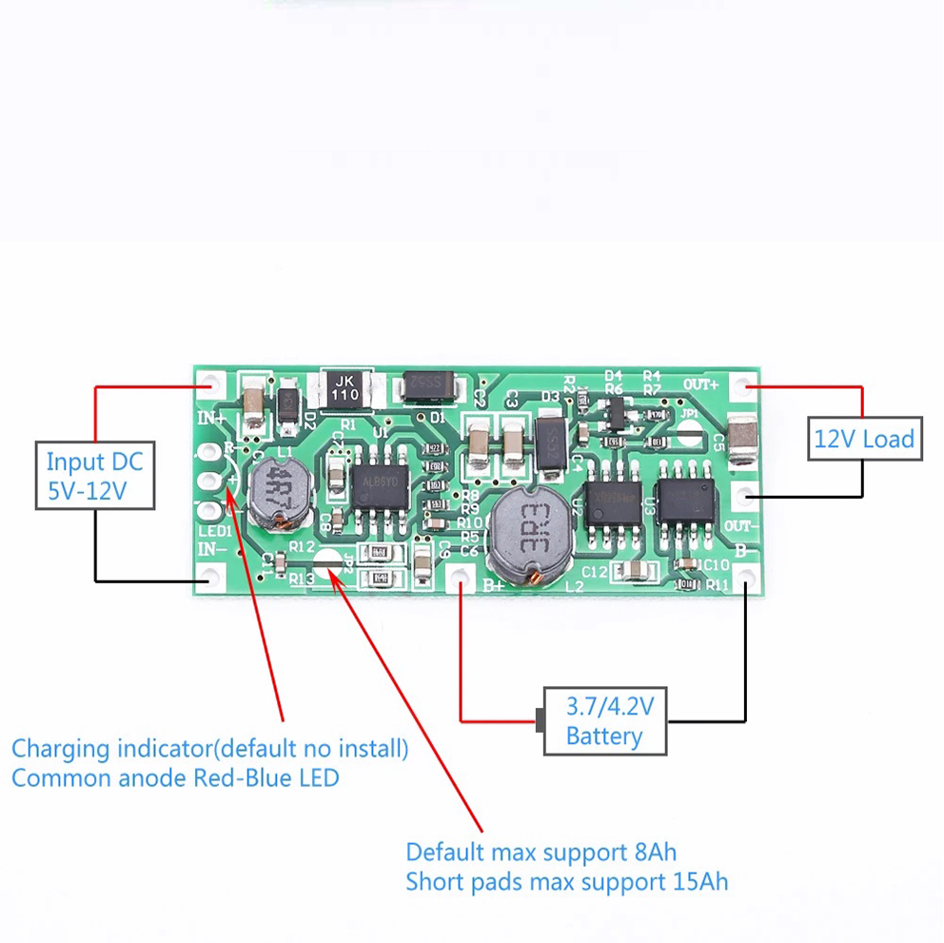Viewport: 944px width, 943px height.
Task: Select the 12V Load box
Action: click(864, 439)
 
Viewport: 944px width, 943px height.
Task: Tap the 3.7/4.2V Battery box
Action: click(605, 720)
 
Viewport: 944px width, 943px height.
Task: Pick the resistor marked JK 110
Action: click(345, 388)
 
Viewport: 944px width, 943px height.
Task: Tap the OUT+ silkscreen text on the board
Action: click(701, 384)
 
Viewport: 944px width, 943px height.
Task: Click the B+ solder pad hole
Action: click(462, 575)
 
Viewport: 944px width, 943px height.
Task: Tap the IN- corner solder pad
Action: click(210, 576)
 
